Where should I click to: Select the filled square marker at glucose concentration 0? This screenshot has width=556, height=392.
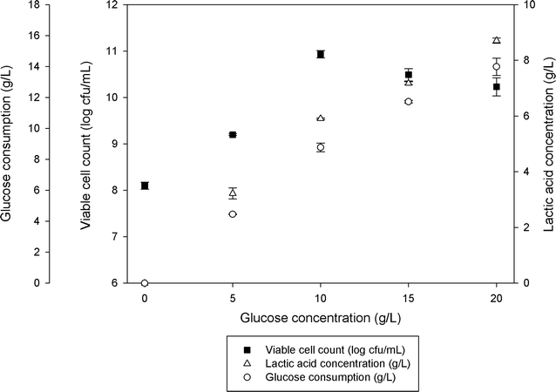pyautogui.click(x=145, y=186)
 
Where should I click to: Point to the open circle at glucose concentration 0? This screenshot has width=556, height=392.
pyautogui.click(x=145, y=283)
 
